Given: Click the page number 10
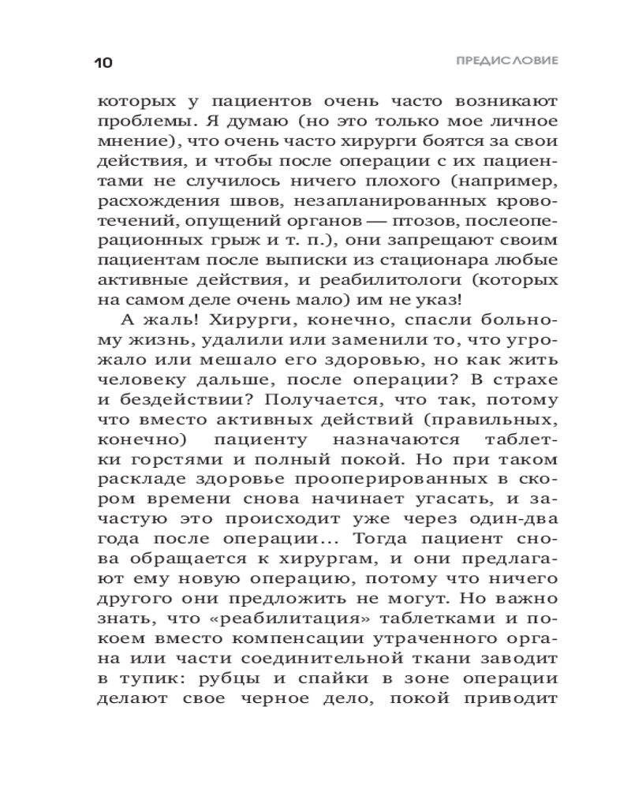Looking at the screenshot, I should [x=103, y=62].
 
